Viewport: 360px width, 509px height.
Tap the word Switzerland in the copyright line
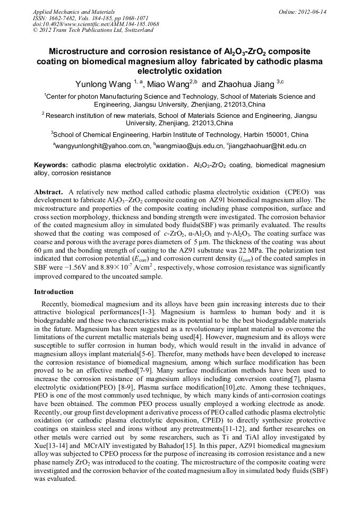click(x=137, y=30)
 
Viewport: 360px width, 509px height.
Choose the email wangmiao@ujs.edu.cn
click(x=190, y=145)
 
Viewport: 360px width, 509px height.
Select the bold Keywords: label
click(x=51, y=165)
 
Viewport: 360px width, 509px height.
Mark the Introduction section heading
click(x=54, y=291)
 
